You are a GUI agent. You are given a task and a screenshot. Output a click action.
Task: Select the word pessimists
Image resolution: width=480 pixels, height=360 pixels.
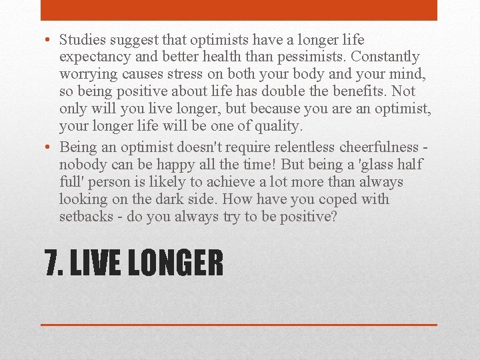318,57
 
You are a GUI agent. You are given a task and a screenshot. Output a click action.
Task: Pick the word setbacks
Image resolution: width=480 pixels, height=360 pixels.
86,216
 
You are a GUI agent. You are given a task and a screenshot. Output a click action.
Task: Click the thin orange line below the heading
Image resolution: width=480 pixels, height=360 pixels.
239,324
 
